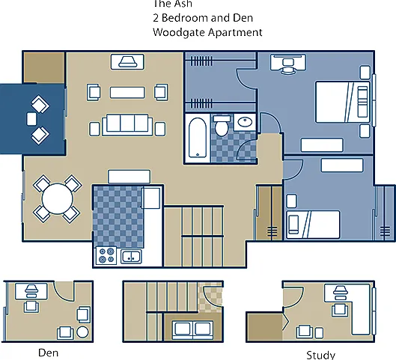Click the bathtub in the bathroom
[x=198, y=138]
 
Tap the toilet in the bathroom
[x=222, y=126]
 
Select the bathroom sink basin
[x=245, y=122]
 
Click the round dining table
[x=58, y=199]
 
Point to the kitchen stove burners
[x=106, y=255]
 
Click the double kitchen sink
[x=131, y=257]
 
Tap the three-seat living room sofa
[x=127, y=125]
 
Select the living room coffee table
[x=127, y=92]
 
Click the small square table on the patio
[x=31, y=119]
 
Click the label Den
[x=48, y=353]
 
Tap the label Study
[x=320, y=356]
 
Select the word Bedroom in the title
[x=185, y=18]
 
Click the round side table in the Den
[x=82, y=332]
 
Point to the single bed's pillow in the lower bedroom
[x=293, y=225]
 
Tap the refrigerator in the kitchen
[x=150, y=198]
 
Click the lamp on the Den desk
[x=31, y=291]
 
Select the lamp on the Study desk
[x=340, y=293]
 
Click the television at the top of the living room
[x=127, y=62]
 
